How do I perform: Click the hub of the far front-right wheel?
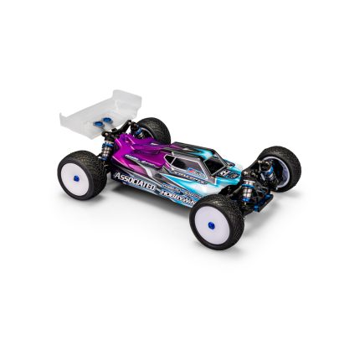(289, 170)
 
